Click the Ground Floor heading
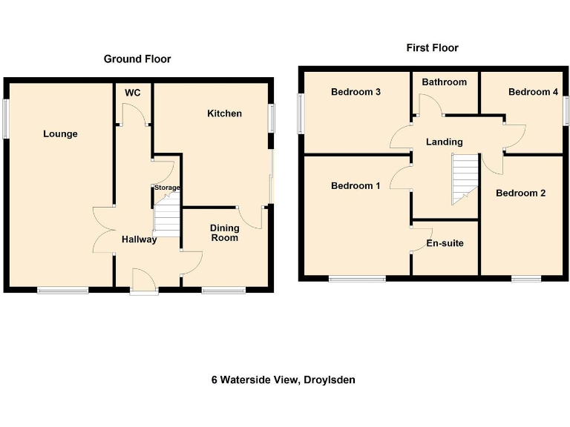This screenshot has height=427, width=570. click(x=137, y=59)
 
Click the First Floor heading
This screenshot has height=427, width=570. click(x=432, y=47)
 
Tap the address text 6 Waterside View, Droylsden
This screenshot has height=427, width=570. click(x=284, y=380)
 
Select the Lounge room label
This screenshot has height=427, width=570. click(x=60, y=134)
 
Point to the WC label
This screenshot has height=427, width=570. click(x=133, y=93)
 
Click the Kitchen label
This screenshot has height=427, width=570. click(x=224, y=113)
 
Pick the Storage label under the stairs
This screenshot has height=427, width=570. click(x=167, y=188)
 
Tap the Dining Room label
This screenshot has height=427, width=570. click(x=224, y=233)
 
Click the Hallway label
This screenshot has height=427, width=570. click(x=140, y=239)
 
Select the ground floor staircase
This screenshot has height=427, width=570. click(x=167, y=221)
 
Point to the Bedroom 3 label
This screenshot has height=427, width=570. click(x=356, y=92)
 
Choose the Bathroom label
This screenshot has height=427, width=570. click(x=444, y=82)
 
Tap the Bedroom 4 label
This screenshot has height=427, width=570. click(x=533, y=92)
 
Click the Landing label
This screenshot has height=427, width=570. click(x=444, y=142)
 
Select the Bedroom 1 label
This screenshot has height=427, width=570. click(x=356, y=186)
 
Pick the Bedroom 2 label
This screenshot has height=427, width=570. click(x=520, y=193)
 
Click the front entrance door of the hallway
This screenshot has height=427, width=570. click(x=143, y=284)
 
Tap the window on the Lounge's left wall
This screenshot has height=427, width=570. click(x=7, y=118)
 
